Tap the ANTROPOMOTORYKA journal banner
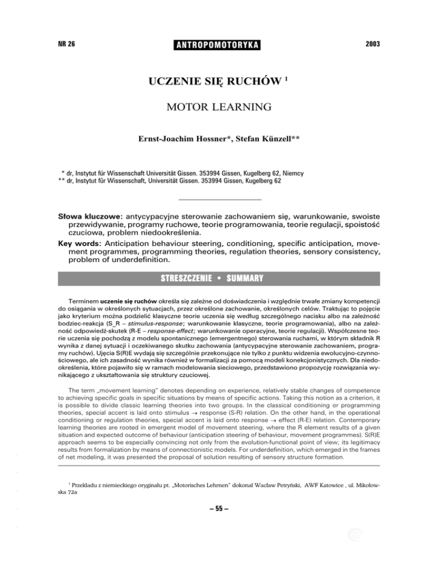pos(217,44)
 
